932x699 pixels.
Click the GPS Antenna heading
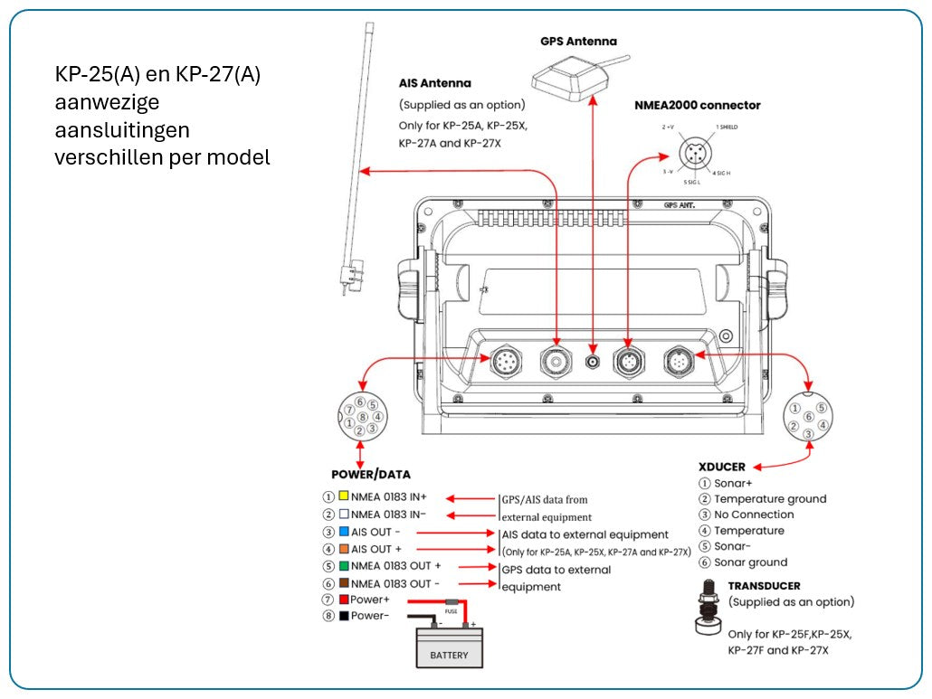(578, 41)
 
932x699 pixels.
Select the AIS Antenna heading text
(434, 83)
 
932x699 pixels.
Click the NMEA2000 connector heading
(697, 105)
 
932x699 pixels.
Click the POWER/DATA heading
(371, 474)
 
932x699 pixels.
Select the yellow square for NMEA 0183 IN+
(344, 496)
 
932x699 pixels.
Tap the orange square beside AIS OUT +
(344, 549)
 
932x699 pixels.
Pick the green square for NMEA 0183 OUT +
(344, 566)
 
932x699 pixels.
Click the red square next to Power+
(344, 600)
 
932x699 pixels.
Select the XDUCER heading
(722, 467)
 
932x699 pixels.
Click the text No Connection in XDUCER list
(754, 515)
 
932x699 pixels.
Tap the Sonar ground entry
(750, 562)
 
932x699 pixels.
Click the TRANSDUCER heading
(764, 586)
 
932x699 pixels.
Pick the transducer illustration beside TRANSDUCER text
(709, 612)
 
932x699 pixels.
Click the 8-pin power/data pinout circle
(359, 417)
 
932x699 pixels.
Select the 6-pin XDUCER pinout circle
(808, 417)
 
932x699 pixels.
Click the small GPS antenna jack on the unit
(593, 362)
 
